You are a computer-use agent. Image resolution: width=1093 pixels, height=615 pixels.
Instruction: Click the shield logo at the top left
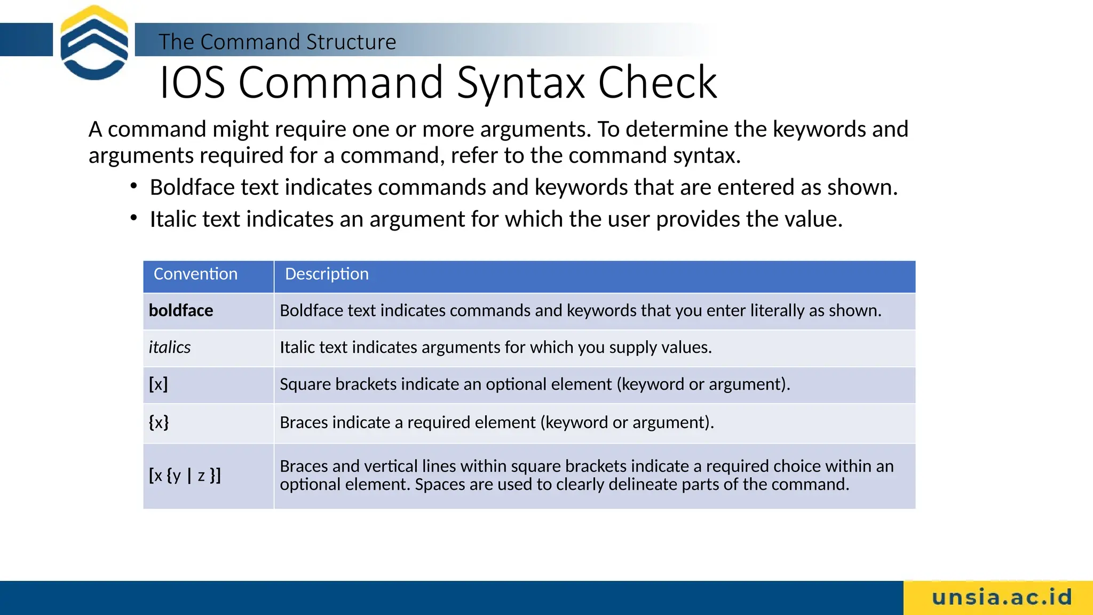[94, 43]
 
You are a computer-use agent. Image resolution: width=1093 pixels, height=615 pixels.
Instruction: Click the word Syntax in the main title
[521, 83]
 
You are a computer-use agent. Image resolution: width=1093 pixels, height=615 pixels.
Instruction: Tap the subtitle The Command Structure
[277, 42]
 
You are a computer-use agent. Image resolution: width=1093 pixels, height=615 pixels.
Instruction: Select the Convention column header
[195, 274]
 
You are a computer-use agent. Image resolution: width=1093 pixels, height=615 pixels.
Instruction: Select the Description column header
[327, 274]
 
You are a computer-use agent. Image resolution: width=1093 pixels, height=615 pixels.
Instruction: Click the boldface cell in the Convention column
[181, 311]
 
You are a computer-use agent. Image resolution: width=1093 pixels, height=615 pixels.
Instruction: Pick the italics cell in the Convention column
[170, 348]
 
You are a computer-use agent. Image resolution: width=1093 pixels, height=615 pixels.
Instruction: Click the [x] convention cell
[159, 384]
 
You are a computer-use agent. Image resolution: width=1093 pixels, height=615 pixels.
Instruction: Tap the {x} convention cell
[159, 422]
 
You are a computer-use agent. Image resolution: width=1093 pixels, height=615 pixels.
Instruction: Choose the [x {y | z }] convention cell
[185, 475]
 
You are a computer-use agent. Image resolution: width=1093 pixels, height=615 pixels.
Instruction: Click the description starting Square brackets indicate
[535, 384]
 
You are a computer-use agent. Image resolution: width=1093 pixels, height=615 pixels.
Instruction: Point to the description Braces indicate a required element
[496, 422]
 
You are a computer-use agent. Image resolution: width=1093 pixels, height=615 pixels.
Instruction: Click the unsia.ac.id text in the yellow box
[1002, 597]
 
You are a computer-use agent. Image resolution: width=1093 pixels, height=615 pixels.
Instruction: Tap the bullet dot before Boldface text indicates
[134, 186]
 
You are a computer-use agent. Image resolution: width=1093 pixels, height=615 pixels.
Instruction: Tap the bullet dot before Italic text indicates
[134, 218]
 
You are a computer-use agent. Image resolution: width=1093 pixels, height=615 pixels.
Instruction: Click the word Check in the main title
[657, 83]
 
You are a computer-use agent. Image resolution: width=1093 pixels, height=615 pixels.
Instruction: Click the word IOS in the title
[192, 83]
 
